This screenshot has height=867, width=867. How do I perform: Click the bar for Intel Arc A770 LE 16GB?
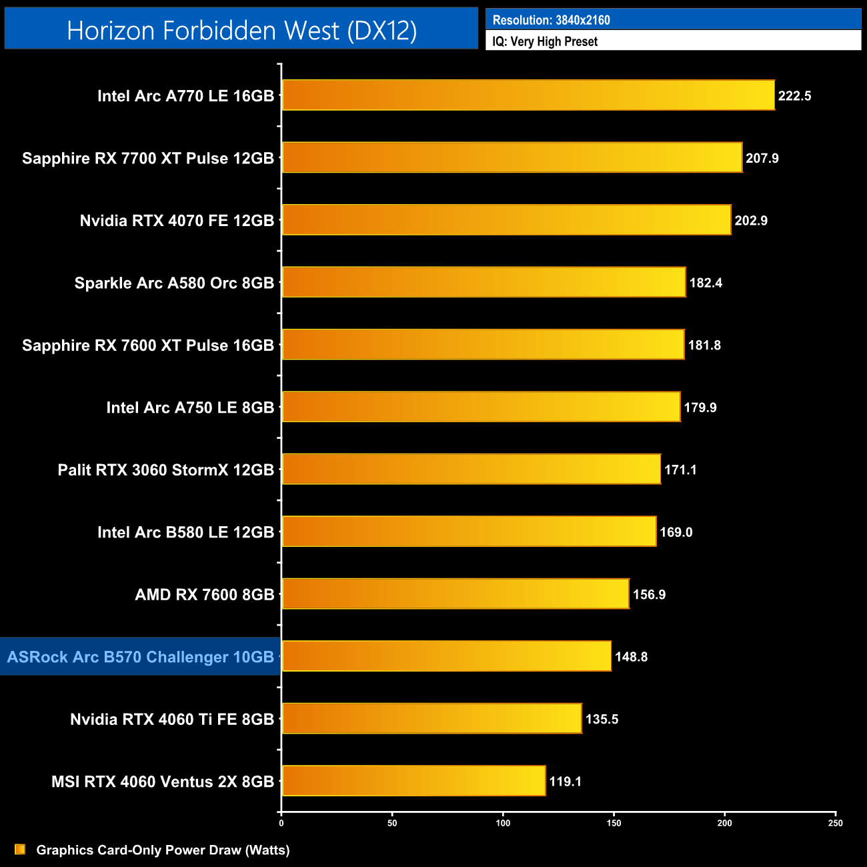pos(528,95)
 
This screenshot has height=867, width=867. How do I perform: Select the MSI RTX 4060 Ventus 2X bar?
pos(413,781)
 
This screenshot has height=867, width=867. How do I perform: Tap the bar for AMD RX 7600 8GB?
pos(456,594)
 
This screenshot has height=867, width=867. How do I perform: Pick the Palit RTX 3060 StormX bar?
pos(472,470)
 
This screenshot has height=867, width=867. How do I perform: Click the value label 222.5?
pos(794,96)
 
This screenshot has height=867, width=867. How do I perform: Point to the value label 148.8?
pos(631,657)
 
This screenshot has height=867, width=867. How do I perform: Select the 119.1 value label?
pos(565,782)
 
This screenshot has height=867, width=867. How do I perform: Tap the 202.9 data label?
pos(751,221)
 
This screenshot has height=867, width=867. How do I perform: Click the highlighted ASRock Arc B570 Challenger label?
pos(141,657)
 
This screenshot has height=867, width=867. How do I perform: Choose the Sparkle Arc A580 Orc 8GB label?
pos(174,283)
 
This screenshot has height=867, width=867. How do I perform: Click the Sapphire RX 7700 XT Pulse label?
pos(148,158)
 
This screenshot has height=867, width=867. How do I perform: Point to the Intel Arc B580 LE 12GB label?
pos(185,532)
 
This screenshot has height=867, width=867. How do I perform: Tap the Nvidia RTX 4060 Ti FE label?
pos(172,719)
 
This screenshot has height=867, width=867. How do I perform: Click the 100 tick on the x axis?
pos(503,823)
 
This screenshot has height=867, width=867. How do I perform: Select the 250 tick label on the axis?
pos(835,823)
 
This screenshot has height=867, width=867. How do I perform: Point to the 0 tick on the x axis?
pos(281,823)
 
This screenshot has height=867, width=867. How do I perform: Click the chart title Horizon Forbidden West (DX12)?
pos(241,30)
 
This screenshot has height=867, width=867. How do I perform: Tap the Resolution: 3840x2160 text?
pos(551,20)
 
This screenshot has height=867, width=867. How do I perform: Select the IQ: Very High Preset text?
pos(545,41)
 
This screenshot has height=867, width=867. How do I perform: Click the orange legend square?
pos(20,849)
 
